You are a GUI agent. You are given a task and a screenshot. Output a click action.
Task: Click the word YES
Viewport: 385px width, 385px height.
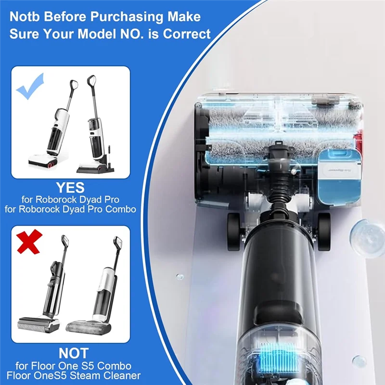[70, 187]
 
